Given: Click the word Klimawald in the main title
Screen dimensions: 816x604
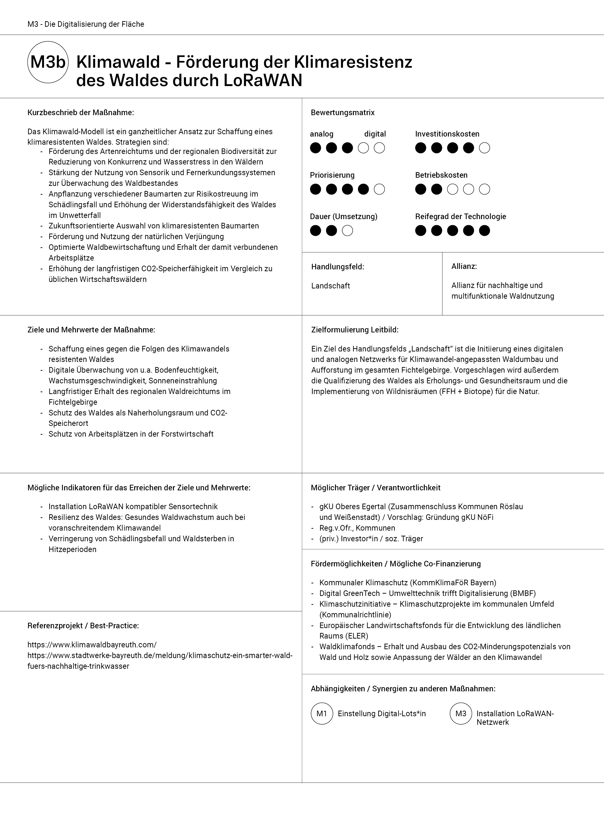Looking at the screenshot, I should tap(118, 62).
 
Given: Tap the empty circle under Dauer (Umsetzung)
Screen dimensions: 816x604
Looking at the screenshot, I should tap(347, 231).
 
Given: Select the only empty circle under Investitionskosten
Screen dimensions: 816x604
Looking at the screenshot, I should tap(485, 148).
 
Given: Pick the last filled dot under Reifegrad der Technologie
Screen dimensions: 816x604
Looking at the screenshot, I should tap(485, 231).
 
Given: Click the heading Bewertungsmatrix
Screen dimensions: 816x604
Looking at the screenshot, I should tap(343, 113).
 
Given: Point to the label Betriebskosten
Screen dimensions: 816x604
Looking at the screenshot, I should tap(441, 175).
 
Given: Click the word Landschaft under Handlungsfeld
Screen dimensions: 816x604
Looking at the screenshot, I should tap(331, 286).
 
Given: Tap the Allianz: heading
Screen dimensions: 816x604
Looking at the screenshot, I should tap(464, 266).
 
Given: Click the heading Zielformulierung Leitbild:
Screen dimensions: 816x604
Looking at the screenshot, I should tap(355, 330).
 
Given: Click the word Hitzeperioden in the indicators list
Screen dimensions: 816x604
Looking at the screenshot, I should tap(72, 549).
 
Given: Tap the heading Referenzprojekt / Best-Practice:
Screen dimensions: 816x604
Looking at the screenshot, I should tap(83, 626).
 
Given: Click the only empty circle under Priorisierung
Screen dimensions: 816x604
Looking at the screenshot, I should tap(379, 189).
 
